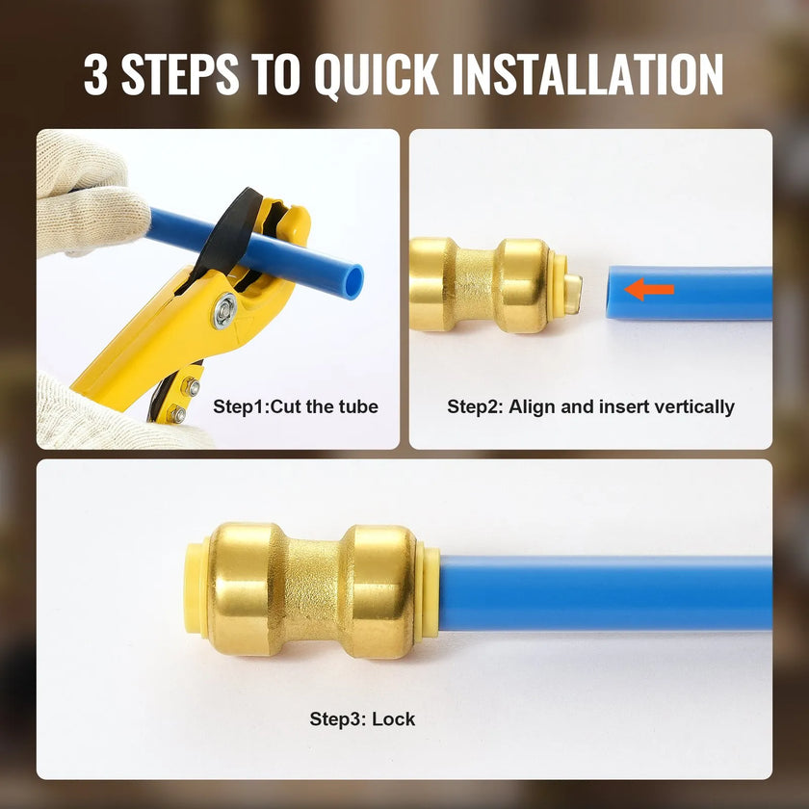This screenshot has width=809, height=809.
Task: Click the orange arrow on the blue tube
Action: [649, 289]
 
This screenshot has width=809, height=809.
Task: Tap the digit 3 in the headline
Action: [96, 74]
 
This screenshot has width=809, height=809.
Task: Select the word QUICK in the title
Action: [377, 75]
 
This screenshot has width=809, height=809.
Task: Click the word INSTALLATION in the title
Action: [587, 74]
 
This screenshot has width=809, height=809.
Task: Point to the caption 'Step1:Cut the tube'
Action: [296, 406]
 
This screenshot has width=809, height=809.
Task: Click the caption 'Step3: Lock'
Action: [362, 718]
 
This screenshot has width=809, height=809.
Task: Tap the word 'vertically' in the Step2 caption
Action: [694, 407]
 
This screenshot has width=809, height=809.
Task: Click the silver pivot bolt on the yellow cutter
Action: [225, 310]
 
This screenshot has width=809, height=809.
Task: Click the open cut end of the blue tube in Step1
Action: [353, 281]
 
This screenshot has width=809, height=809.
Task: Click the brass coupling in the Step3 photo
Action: [312, 589]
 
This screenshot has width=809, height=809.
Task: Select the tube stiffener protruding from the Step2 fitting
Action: [572, 294]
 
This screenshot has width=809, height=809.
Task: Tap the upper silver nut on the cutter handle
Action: [191, 386]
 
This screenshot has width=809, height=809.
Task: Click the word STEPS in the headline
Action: [180, 74]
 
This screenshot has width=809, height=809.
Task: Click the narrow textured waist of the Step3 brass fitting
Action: [313, 591]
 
